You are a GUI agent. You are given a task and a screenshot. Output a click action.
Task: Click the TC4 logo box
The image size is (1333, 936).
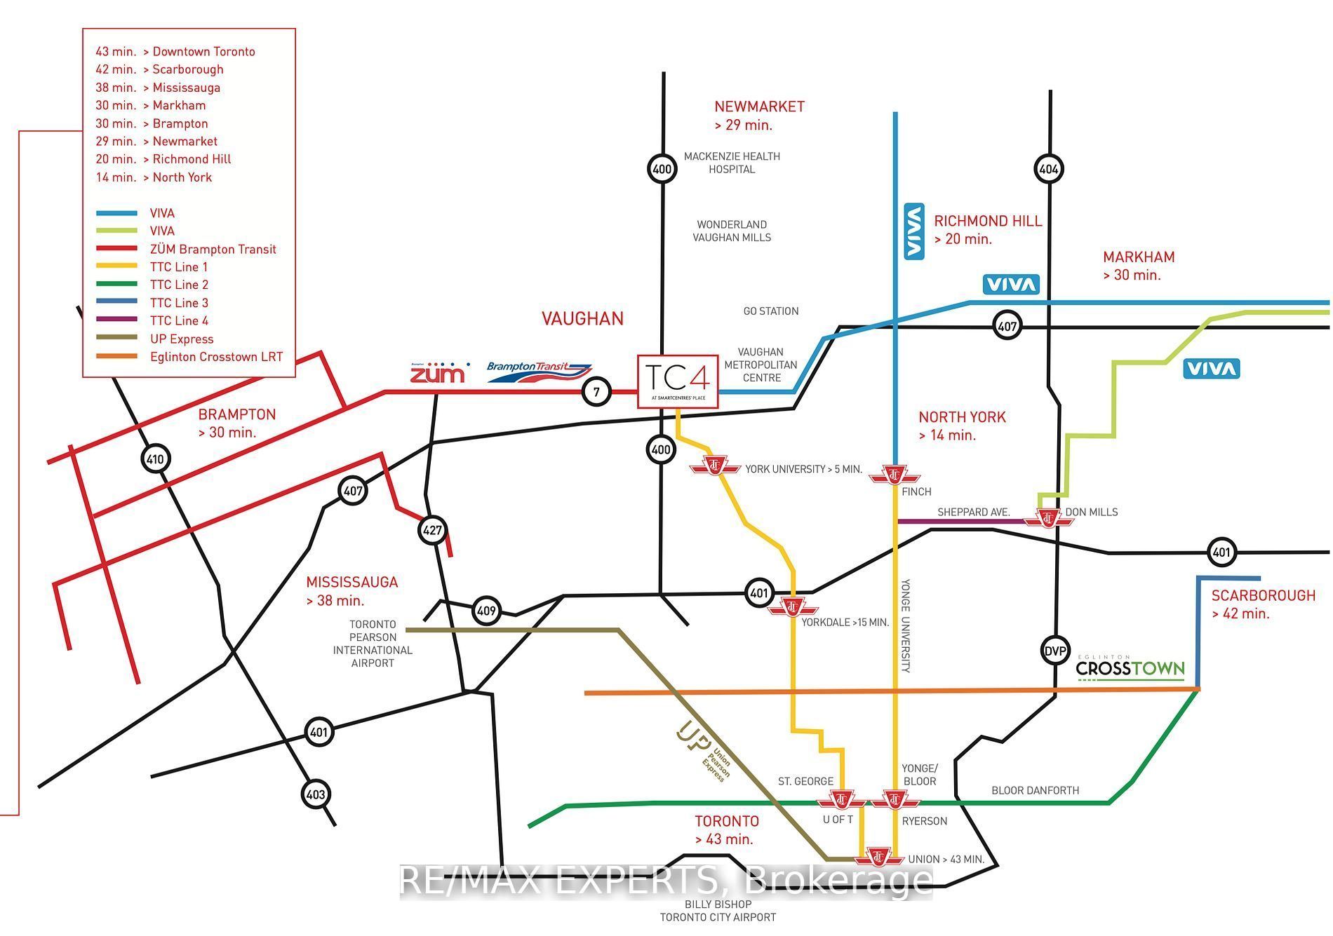tap(678, 381)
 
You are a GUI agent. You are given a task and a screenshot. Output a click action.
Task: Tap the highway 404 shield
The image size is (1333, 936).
tap(1049, 169)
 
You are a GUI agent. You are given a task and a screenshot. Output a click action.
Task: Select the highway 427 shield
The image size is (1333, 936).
tap(432, 530)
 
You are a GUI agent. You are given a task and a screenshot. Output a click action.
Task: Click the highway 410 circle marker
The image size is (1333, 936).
tap(154, 460)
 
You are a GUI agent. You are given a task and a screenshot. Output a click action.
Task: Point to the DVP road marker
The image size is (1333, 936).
tap(1055, 651)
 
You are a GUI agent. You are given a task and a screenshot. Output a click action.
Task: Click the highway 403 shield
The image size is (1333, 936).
tap(316, 794)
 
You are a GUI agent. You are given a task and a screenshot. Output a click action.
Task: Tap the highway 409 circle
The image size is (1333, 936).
tap(486, 611)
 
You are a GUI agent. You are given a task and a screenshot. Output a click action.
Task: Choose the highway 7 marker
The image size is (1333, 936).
tap(597, 392)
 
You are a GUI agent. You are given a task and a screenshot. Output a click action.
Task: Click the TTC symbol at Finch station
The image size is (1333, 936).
tap(895, 475)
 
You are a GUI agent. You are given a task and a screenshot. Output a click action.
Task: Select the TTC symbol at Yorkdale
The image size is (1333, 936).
tap(793, 607)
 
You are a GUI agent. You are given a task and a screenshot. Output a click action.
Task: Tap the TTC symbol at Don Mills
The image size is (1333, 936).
tap(1048, 519)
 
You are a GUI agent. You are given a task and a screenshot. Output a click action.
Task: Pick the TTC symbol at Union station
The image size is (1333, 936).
tap(878, 857)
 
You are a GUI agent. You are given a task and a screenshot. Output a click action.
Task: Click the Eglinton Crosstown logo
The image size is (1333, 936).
tap(1130, 668)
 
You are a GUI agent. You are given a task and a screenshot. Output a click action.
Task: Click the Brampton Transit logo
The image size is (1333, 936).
tap(539, 371)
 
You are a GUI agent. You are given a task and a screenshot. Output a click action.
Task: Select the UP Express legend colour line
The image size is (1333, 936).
tap(117, 339)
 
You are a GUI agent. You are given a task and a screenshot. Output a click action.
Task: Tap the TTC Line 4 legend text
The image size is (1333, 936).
tap(179, 320)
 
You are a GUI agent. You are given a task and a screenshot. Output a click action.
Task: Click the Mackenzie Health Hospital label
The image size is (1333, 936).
tap(732, 163)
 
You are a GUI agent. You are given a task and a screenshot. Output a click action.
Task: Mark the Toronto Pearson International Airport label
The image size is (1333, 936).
tap(373, 644)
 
